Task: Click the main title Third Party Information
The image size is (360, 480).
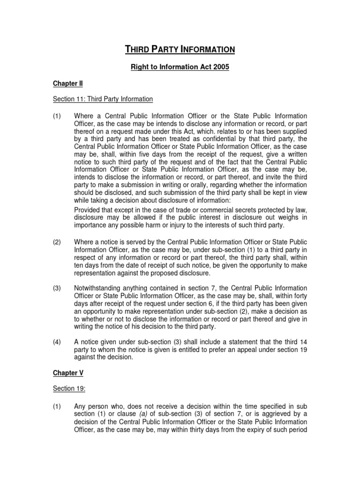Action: [180, 49]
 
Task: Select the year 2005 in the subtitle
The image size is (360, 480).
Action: [221, 67]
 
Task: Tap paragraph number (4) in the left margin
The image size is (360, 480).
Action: [57, 342]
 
